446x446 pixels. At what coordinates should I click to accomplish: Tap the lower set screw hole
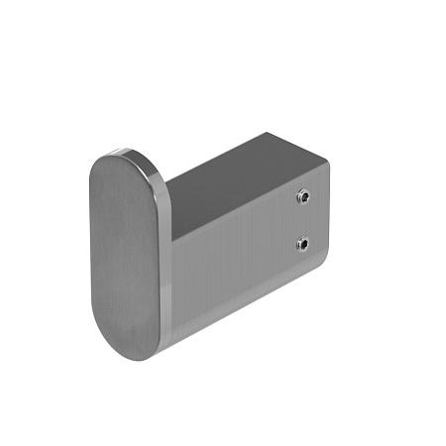click(302, 243)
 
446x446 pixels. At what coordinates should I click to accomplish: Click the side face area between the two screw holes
click(302, 221)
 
